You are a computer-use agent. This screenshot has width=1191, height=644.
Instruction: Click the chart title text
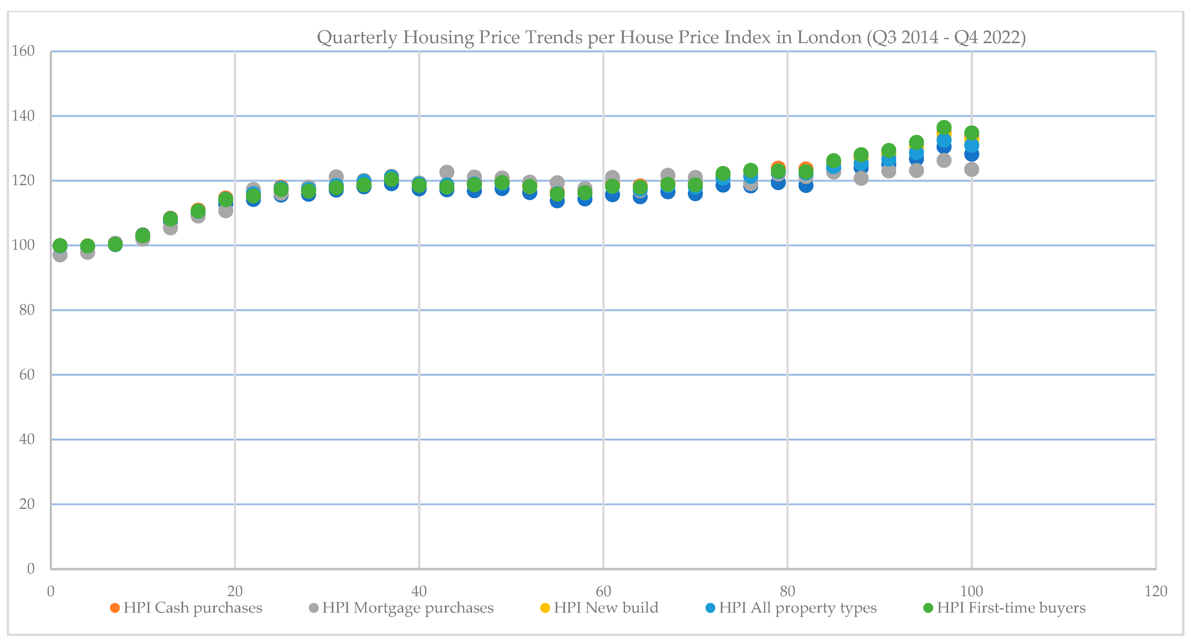[671, 37]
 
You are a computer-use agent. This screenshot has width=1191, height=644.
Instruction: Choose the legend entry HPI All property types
[797, 608]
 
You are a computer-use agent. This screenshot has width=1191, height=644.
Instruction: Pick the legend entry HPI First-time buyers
[1011, 608]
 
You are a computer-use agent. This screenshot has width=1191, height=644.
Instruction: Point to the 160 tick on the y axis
[23, 51]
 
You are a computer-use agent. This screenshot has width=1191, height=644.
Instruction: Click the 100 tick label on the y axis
[23, 245]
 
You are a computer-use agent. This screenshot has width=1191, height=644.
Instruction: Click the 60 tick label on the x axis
[603, 591]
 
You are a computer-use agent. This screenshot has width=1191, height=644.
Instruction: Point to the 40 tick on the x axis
[419, 591]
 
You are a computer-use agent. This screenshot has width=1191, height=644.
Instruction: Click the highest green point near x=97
[944, 127]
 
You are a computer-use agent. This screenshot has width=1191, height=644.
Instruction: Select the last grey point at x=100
[971, 169]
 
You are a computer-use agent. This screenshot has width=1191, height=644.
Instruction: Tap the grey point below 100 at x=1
[60, 254]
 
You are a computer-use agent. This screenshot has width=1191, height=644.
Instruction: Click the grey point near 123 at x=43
[447, 172]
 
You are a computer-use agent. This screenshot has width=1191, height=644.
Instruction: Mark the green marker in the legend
[928, 608]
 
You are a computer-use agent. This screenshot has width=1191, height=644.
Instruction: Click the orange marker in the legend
[115, 608]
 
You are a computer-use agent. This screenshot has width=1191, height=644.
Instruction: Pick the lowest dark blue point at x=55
[557, 201]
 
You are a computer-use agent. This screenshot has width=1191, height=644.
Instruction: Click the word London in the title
[829, 37]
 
